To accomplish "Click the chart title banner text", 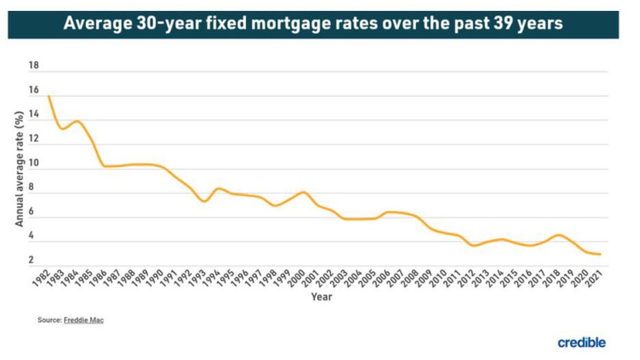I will [313, 24].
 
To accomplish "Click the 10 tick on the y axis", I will [34, 164].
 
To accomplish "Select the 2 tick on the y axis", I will [31, 260].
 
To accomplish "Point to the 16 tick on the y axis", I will [34, 91].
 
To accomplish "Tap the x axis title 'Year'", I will [321, 297].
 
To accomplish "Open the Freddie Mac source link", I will [84, 320].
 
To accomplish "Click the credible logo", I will [582, 342].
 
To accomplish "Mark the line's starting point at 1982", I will [49, 96].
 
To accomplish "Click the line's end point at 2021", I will [601, 254].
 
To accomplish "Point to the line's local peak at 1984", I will [76, 122].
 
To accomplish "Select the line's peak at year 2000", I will [303, 192].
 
